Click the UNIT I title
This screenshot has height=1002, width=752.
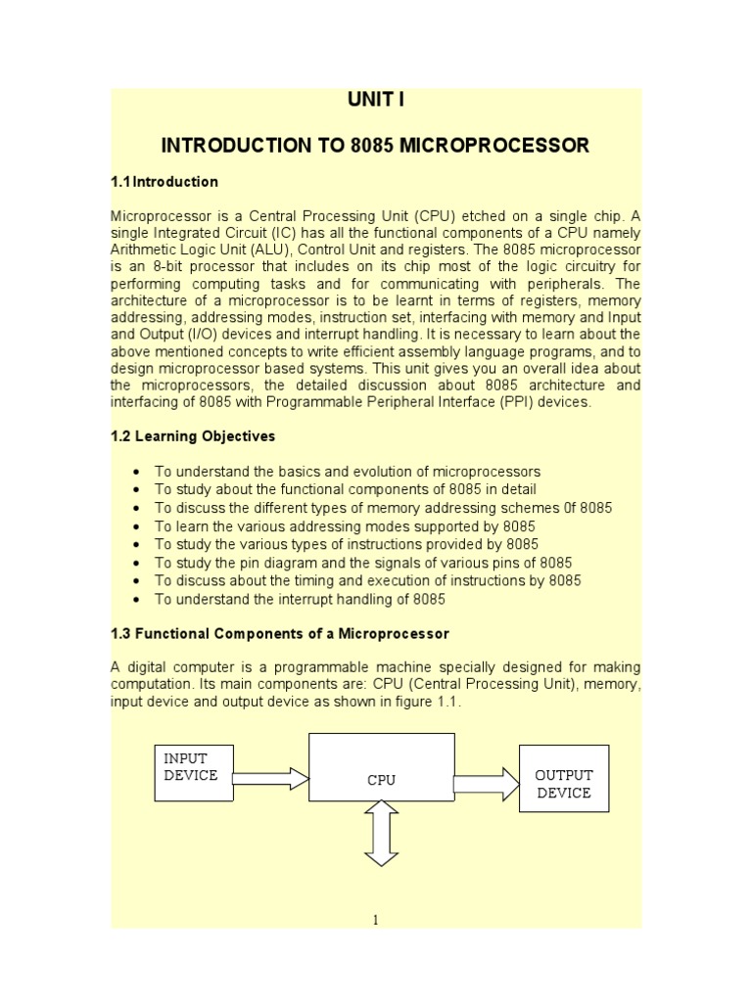click(x=375, y=101)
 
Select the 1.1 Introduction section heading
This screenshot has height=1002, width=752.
click(x=164, y=182)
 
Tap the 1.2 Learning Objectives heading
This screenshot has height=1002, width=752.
click(x=193, y=436)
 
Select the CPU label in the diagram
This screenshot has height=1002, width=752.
click(x=381, y=780)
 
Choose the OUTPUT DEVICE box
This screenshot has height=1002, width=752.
click(x=563, y=784)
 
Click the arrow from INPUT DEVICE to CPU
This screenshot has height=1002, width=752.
click(x=269, y=779)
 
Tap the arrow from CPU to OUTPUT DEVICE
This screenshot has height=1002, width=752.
click(x=486, y=783)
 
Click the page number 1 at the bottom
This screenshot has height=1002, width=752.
click(x=376, y=919)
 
